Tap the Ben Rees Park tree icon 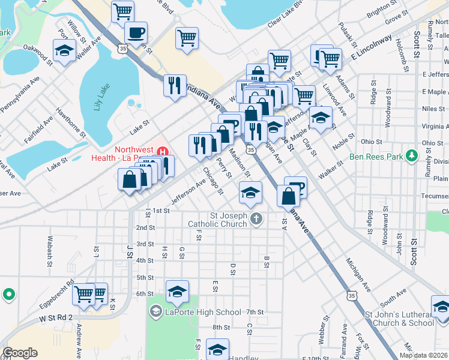click(x=411, y=156)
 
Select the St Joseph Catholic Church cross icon click(x=256, y=218)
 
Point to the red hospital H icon click(x=160, y=152)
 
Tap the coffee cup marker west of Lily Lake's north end click(x=136, y=33)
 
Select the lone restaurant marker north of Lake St click(x=175, y=85)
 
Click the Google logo click(x=20, y=353)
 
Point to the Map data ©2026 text click(x=423, y=355)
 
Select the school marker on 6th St click(x=177, y=292)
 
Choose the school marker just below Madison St click(x=250, y=192)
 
